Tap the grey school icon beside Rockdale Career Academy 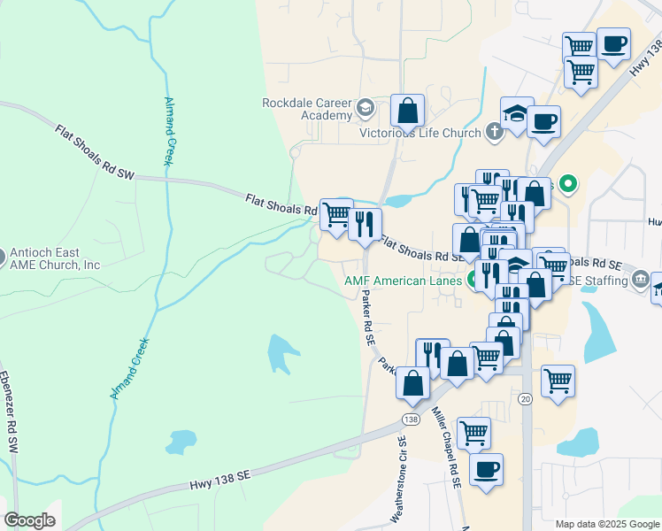pyautogui.click(x=365, y=110)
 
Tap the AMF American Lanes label pyautogui.click(x=403, y=282)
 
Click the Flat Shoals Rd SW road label pyautogui.click(x=93, y=153)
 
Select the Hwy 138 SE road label pyautogui.click(x=221, y=481)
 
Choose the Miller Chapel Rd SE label pyautogui.click(x=447, y=448)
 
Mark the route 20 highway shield pyautogui.click(x=525, y=399)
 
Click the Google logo pyautogui.click(x=29, y=520)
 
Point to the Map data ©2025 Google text pyautogui.click(x=605, y=524)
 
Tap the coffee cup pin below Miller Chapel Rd pyautogui.click(x=485, y=469)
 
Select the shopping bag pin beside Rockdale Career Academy pyautogui.click(x=407, y=111)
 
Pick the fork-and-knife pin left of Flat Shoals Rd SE pyautogui.click(x=365, y=224)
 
